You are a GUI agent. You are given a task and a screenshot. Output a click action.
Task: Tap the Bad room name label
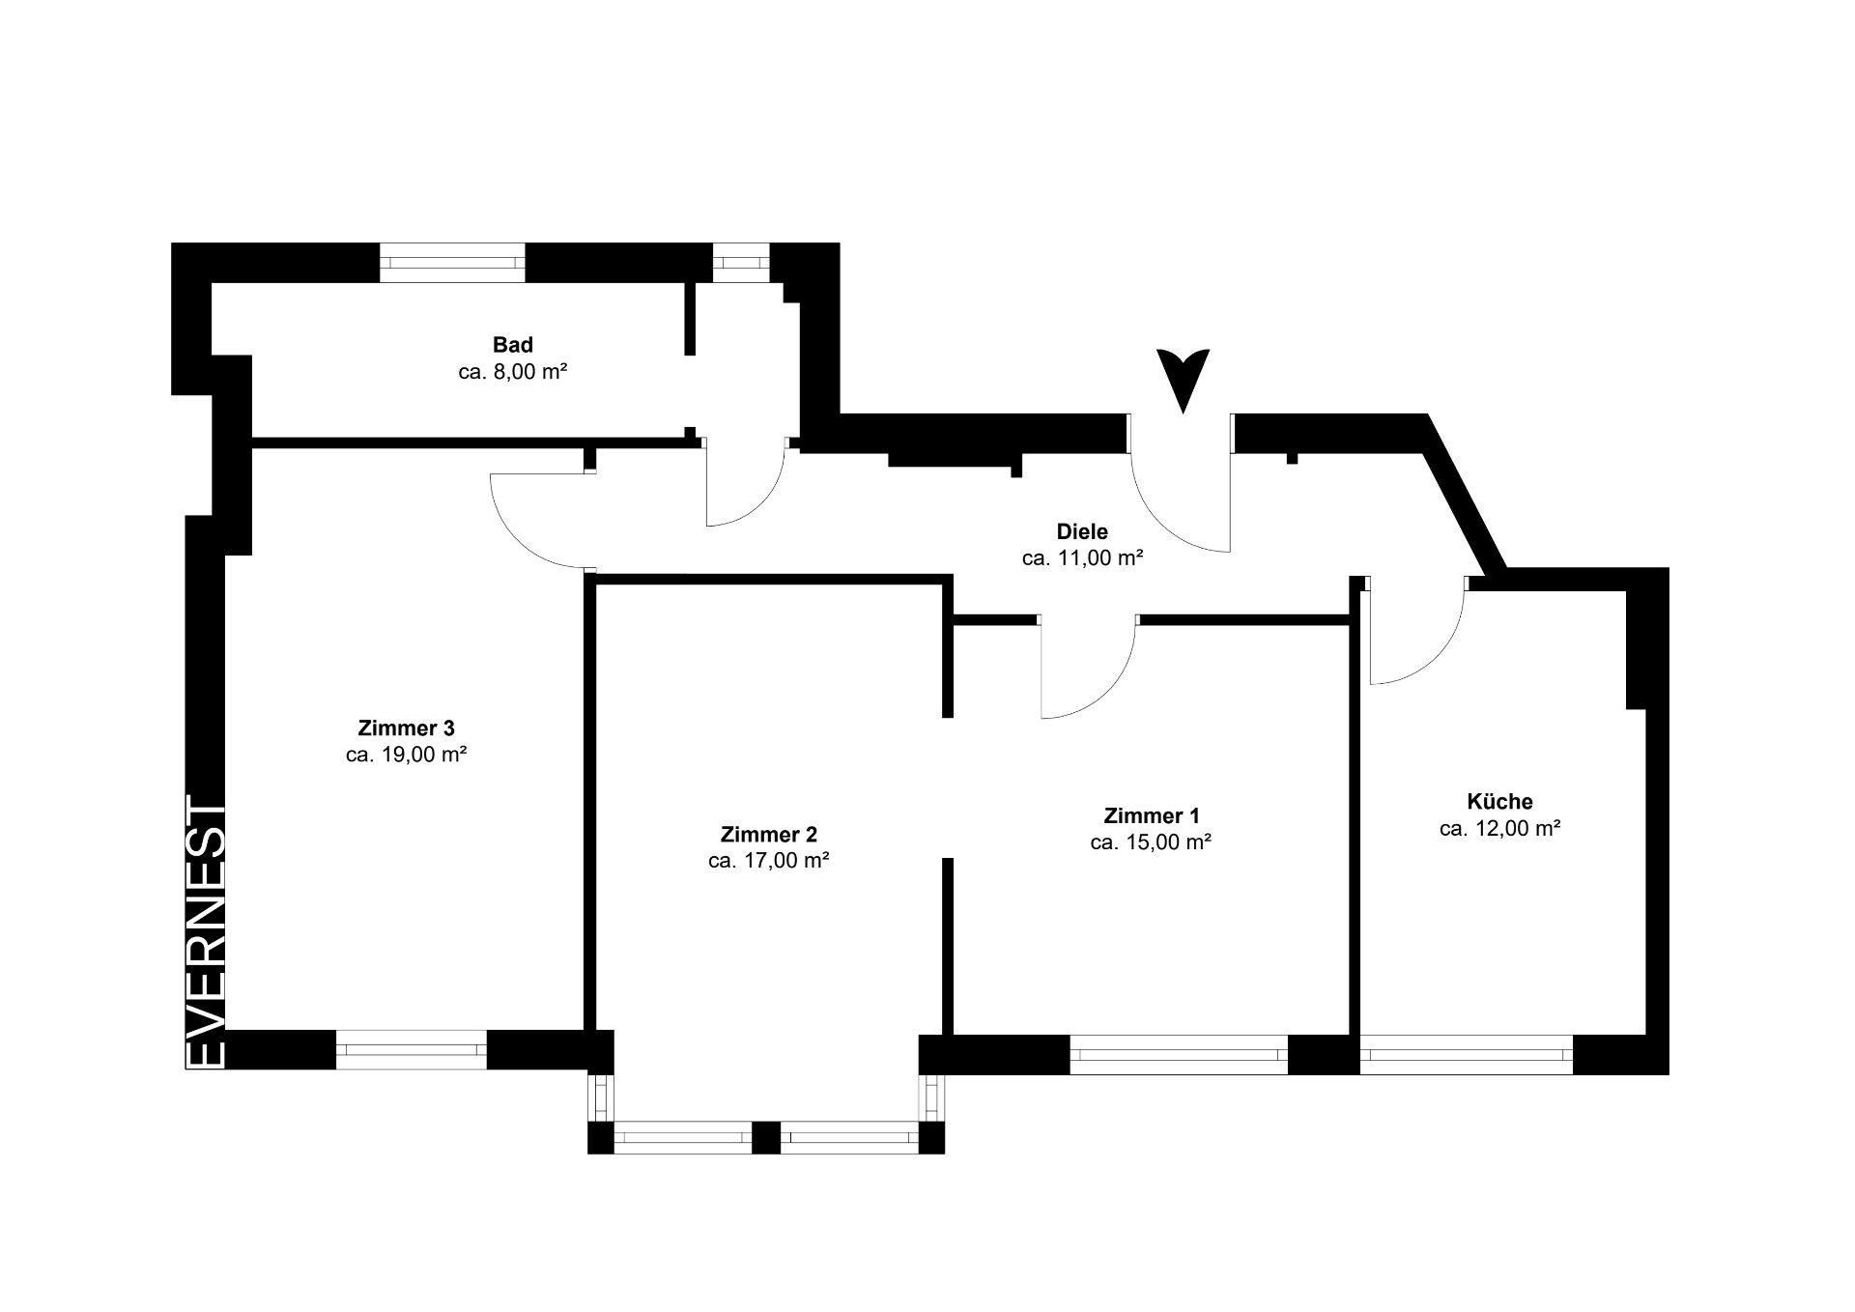point(512,345)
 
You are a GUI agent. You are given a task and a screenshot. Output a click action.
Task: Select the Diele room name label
point(1082,531)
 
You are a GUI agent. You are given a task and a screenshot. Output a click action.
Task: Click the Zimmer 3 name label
point(406,727)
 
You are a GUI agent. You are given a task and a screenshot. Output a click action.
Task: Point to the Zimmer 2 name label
point(769,834)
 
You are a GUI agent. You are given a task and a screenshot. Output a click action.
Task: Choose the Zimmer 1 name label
point(1151,815)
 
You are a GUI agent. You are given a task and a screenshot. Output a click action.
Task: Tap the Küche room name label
point(1499,801)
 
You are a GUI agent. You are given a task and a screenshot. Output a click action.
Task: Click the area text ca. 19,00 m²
point(407,755)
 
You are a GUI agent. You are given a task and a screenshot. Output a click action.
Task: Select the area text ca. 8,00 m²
point(512,372)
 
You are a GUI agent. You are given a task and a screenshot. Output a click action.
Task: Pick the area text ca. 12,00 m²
point(1500,828)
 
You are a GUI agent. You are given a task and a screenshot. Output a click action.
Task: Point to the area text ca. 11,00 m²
point(1083,558)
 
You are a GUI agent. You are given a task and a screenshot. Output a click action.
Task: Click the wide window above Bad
point(452,263)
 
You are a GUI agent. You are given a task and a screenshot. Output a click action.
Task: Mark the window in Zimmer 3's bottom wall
point(412,1050)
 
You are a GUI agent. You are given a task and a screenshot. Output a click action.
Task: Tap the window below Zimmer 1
point(1179,1054)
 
